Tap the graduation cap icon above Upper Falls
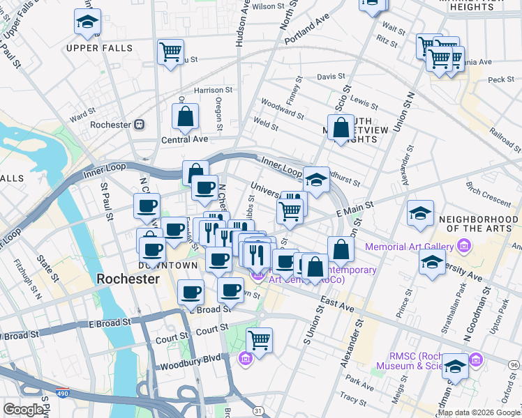coord(87,23)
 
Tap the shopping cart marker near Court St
coord(259,341)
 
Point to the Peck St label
coord(501,79)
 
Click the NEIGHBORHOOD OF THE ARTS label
coord(479,224)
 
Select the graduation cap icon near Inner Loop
coord(316,180)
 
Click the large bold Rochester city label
coord(128,279)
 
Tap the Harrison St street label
coord(213,90)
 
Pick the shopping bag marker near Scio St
coord(341,128)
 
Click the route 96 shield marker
coord(514,365)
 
